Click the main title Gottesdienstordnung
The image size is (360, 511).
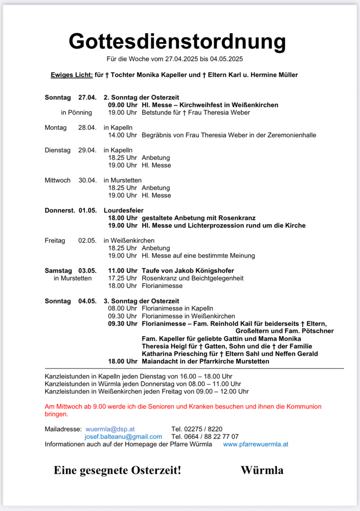[177, 41]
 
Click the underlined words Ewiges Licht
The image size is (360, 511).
[72, 75]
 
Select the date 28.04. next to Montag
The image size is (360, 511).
[87, 128]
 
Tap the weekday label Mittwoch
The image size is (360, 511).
[57, 180]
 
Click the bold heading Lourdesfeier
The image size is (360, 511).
[123, 210]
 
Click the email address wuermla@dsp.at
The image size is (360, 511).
[110, 429]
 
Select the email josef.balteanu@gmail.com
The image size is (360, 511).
[123, 437]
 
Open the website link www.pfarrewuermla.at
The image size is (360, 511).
[256, 444]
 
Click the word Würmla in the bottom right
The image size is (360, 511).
[262, 470]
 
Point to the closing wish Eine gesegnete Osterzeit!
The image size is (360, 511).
[117, 470]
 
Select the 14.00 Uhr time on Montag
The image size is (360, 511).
[122, 135]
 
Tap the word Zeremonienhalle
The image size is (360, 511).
[289, 135]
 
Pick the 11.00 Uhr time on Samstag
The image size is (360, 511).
[122, 271]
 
